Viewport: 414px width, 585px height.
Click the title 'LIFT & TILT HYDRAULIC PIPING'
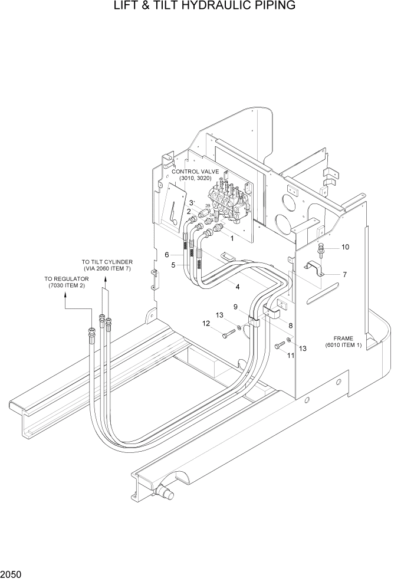tap(206, 6)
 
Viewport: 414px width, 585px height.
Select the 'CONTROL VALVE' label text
tap(195, 172)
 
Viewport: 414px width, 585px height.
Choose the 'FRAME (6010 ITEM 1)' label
tap(343, 340)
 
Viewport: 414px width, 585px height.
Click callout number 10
tap(346, 247)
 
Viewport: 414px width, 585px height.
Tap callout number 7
tap(344, 274)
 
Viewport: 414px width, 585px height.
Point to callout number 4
tap(237, 287)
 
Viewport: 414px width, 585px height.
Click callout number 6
tap(167, 255)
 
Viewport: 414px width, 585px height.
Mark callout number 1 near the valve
tap(232, 239)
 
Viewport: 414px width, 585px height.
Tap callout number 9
tap(235, 307)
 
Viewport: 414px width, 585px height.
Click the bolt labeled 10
tap(321, 249)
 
